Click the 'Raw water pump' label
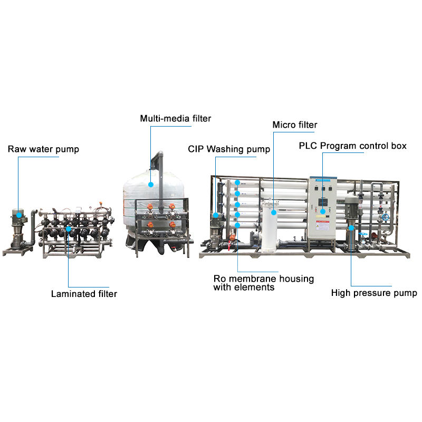click(43, 149)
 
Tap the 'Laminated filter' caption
click(84, 294)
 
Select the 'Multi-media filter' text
click(175, 119)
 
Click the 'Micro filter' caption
click(294, 125)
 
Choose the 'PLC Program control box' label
click(352, 146)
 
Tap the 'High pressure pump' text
click(374, 293)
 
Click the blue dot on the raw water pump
click(18, 214)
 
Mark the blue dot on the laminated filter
click(69, 229)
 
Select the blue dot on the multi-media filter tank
click(151, 185)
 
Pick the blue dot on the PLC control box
click(323, 211)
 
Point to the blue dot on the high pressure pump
click(352, 228)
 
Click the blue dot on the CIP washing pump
click(216, 215)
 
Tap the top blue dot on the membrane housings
click(238, 183)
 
